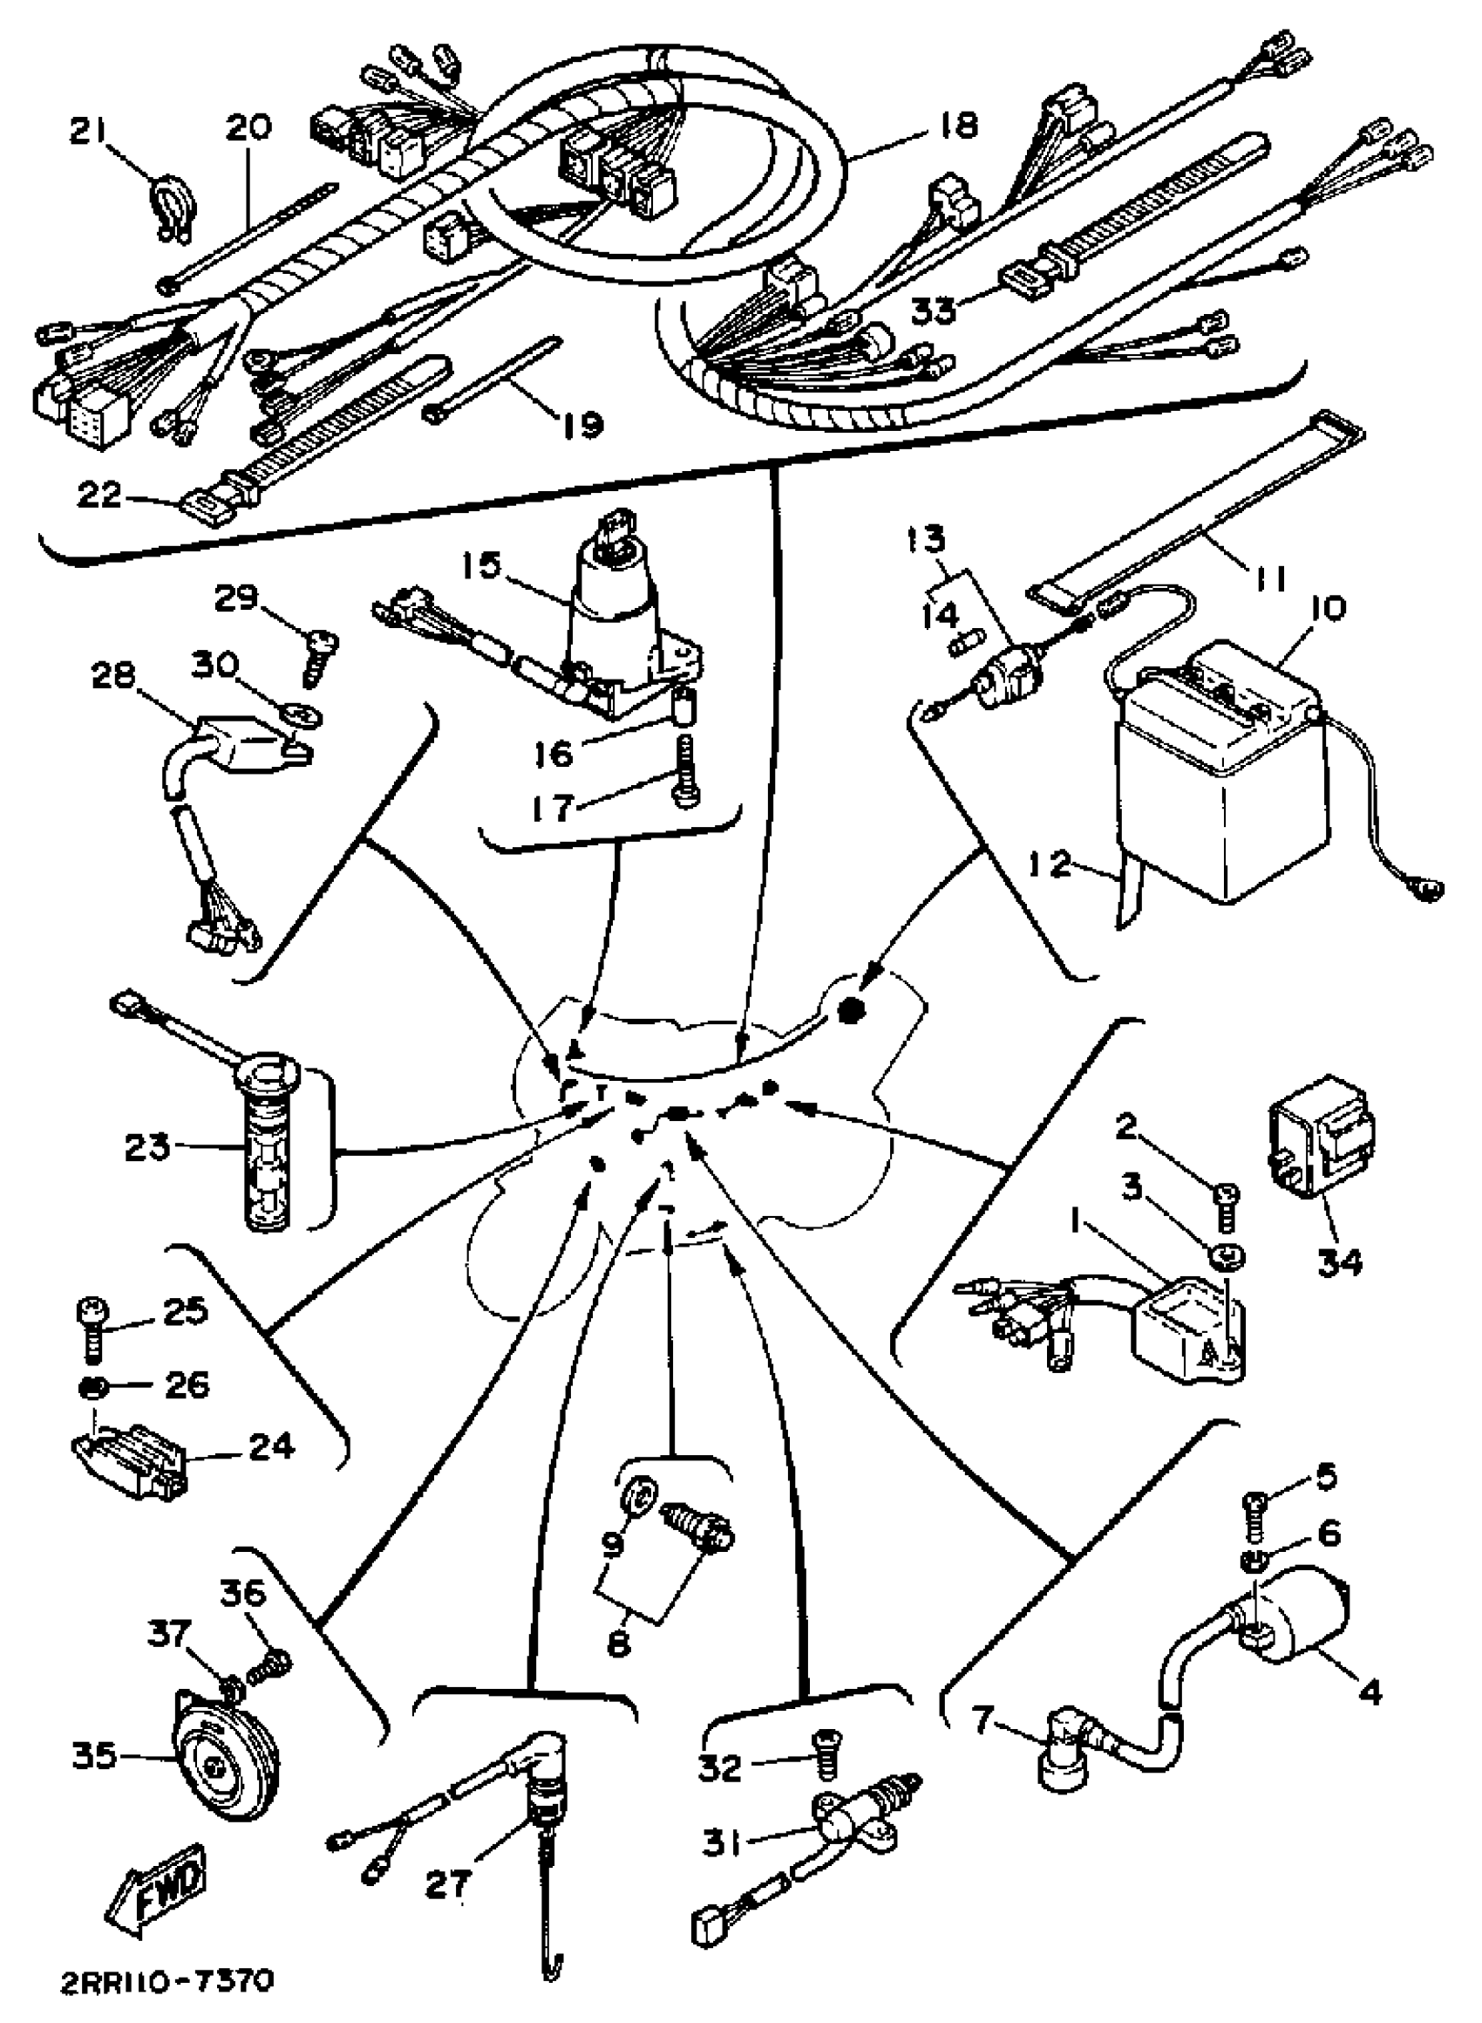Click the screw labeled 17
(685, 772)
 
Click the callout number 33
(933, 311)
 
